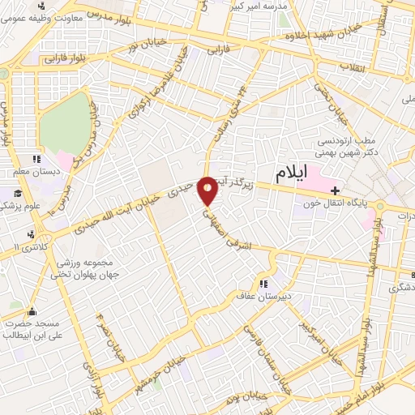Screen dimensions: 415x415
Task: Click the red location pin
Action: pyautogui.click(x=207, y=190)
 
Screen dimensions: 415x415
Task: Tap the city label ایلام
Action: pyautogui.click(x=292, y=173)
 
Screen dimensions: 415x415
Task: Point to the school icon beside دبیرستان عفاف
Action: pyautogui.click(x=263, y=284)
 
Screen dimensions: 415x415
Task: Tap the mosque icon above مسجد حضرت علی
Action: pyautogui.click(x=32, y=311)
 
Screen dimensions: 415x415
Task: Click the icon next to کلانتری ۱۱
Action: pyautogui.click(x=31, y=234)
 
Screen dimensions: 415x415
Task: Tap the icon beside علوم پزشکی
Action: pyautogui.click(x=16, y=193)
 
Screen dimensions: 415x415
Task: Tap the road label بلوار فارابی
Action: pyautogui.click(x=66, y=58)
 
